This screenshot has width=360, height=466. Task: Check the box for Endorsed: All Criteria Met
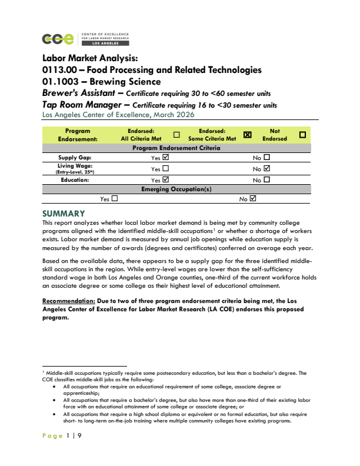tap(176, 135)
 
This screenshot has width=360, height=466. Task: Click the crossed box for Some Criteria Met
tap(247, 135)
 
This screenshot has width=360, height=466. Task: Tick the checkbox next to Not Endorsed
tap(303, 135)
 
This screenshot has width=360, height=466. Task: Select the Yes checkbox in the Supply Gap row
tap(165, 158)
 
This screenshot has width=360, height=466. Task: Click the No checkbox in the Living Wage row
tap(267, 169)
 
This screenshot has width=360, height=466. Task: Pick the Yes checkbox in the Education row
tap(165, 179)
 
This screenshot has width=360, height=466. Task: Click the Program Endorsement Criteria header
tap(177, 148)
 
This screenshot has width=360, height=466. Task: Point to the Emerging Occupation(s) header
tap(176, 189)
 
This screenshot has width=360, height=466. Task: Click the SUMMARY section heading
tap(64, 213)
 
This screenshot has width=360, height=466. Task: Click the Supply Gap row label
tap(75, 158)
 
